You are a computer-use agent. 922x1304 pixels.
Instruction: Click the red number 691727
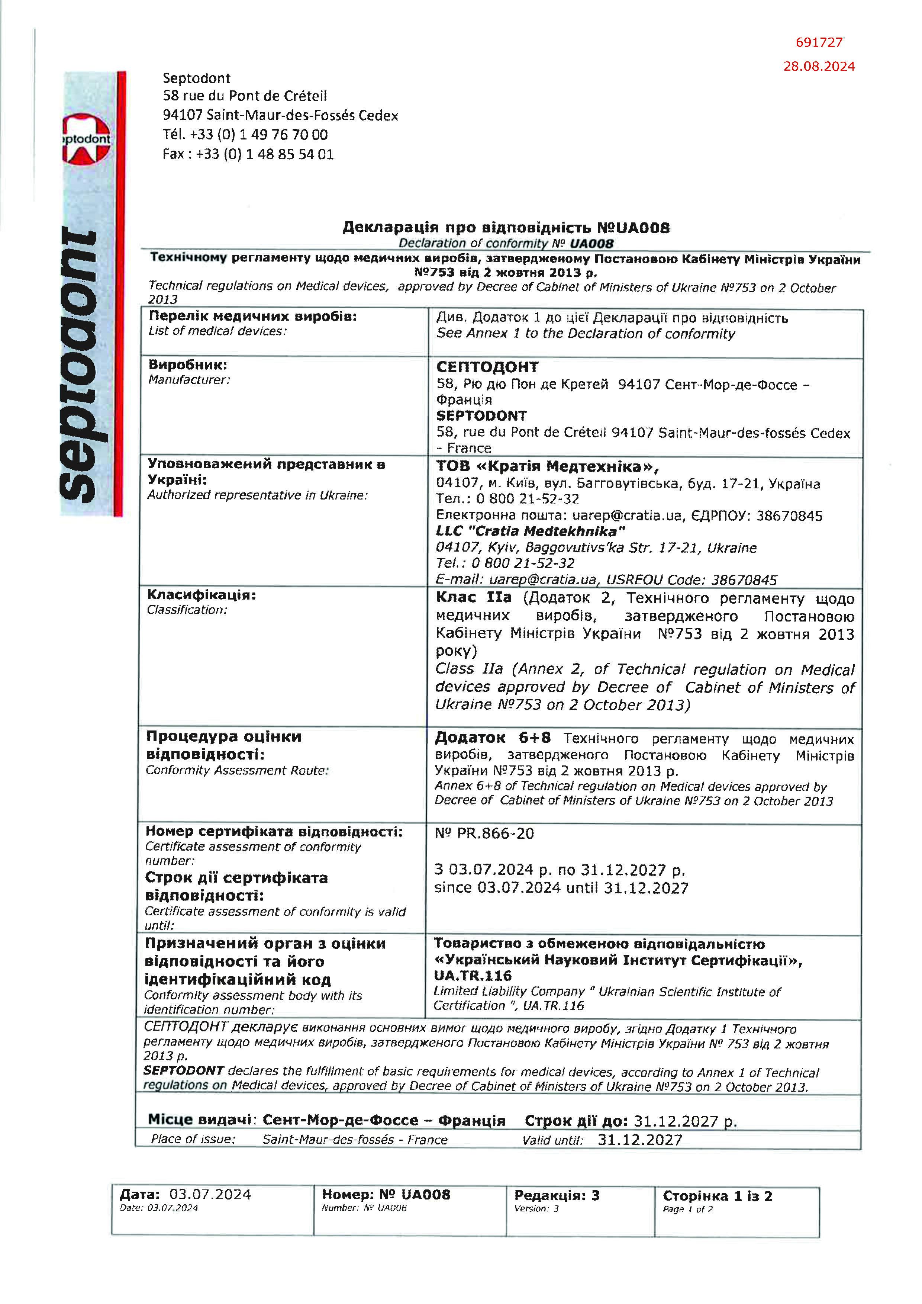click(819, 42)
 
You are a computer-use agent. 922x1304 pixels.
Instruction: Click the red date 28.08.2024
click(819, 67)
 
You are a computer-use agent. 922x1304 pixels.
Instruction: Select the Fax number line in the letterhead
click(248, 154)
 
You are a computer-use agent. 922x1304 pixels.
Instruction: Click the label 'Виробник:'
click(187, 364)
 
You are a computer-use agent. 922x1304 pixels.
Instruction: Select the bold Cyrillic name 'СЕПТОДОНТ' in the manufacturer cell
click(487, 367)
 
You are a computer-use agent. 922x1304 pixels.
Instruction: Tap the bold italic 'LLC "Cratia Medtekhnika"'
click(530, 531)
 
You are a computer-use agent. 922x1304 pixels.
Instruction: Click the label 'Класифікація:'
click(202, 595)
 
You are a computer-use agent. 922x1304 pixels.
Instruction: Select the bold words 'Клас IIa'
click(474, 597)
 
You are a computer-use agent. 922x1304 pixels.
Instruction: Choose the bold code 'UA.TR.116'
click(473, 976)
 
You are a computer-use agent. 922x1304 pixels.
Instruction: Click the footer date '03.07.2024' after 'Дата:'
click(210, 1194)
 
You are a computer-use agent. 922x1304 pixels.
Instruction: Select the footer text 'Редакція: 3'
click(557, 1195)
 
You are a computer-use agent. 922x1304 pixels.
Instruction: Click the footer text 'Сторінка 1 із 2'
click(717, 1195)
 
